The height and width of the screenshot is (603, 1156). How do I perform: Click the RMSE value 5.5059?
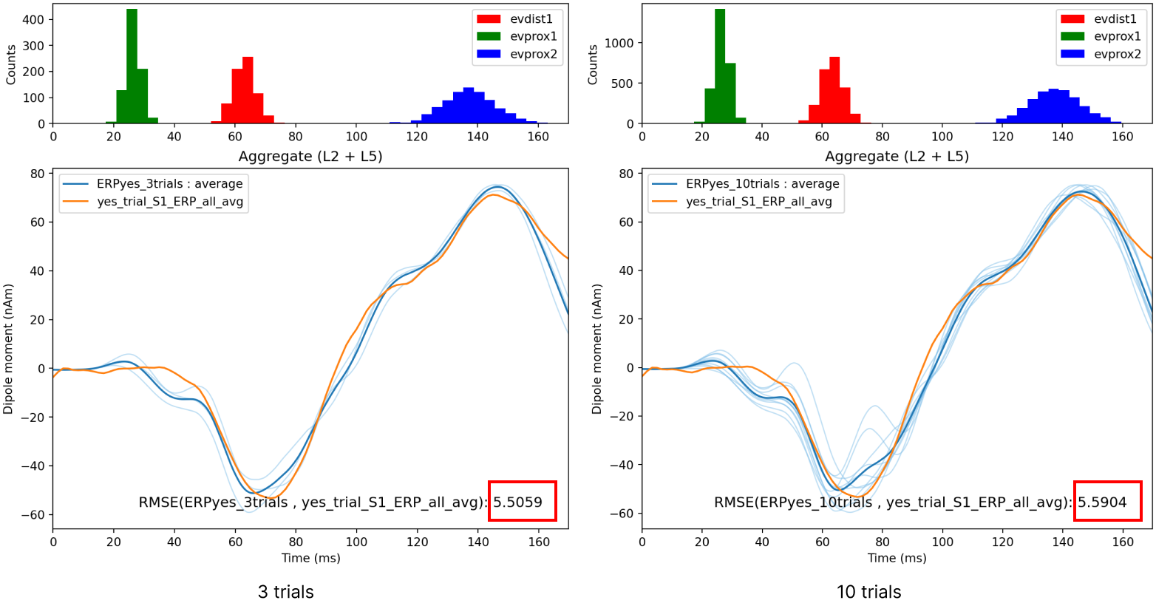point(518,502)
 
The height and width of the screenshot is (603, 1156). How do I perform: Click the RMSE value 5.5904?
point(1102,502)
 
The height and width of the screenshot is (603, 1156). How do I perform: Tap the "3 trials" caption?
point(285,592)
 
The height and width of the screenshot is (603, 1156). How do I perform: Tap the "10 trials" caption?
point(868,592)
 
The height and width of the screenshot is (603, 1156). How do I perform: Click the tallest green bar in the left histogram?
point(132,67)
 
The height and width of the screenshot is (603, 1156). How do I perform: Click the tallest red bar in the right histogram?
point(834,90)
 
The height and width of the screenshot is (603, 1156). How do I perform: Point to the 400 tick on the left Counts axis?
point(33,20)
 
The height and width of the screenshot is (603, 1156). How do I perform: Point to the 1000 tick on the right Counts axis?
point(619,44)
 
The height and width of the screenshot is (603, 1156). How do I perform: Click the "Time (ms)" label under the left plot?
point(310,558)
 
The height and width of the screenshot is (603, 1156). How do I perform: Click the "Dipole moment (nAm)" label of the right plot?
point(597,349)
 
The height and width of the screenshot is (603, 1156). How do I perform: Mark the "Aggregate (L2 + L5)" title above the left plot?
point(310,157)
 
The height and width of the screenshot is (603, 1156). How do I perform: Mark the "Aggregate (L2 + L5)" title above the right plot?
point(897,157)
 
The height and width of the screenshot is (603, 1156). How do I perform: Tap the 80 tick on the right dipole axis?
point(625,174)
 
